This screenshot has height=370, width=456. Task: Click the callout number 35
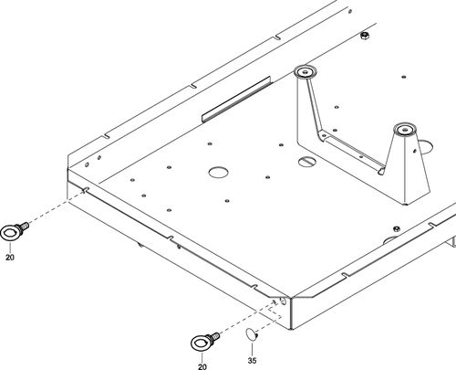(252, 361)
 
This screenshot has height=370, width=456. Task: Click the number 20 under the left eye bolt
(10, 258)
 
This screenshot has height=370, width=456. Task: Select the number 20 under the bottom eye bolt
(202, 366)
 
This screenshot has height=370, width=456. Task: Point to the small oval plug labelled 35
(251, 334)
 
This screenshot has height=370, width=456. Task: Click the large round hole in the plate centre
(219, 172)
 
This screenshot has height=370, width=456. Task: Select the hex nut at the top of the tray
(365, 36)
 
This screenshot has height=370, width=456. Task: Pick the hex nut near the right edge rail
(396, 228)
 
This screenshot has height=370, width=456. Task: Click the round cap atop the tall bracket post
(306, 72)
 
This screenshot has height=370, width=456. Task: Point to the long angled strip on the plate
(236, 100)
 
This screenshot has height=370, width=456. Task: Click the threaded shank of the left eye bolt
(23, 227)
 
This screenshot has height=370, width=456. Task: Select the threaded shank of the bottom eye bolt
(213, 337)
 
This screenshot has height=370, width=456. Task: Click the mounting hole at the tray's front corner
(284, 301)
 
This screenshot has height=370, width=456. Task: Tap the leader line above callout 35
(252, 348)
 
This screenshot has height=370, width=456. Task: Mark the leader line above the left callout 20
(10, 247)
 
